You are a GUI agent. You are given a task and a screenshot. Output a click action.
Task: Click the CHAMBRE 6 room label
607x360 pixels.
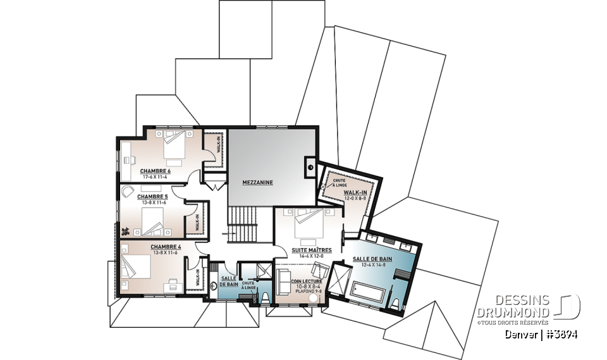pos(156,171)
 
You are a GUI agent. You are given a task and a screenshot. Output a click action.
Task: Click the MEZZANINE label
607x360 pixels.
pos(257,182)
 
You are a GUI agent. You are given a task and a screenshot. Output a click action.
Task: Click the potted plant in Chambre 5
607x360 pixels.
pos(125,231)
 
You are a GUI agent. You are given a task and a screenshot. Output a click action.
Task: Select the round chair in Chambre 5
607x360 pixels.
pos(128,191)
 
